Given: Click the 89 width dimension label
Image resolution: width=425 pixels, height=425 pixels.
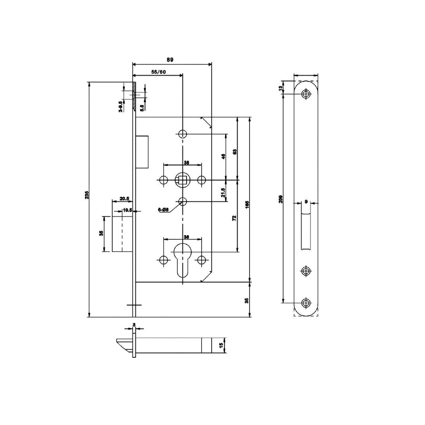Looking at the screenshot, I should tap(170, 59).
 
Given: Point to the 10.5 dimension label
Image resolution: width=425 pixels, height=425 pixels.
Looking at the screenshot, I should tap(127, 209).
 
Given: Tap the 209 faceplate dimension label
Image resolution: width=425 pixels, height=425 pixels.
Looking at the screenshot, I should tap(280, 200).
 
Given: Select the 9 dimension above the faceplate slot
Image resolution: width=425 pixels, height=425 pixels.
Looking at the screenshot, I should tap(306, 201).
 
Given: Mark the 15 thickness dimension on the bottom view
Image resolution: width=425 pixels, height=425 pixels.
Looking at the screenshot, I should tap(221, 345).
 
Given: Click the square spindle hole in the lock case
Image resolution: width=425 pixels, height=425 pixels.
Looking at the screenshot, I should tap(183, 180).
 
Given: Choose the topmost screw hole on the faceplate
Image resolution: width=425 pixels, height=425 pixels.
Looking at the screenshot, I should tap(306, 94).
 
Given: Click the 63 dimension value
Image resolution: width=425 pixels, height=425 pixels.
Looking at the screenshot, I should tap(235, 152).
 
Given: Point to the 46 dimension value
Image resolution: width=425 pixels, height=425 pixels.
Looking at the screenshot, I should tap(223, 157).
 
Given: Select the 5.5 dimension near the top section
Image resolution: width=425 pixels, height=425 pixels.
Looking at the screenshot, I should tap(141, 108).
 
